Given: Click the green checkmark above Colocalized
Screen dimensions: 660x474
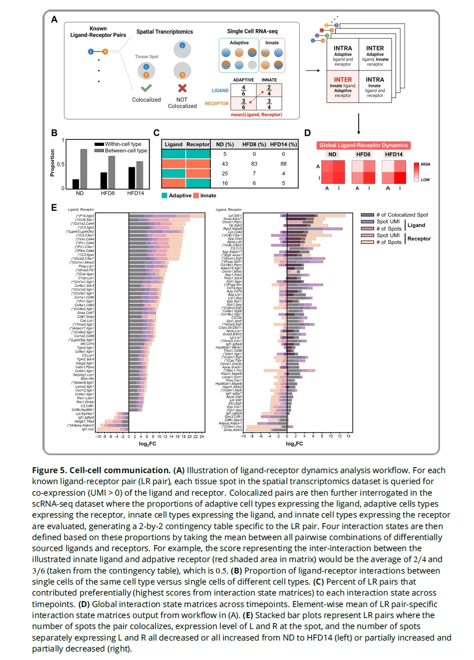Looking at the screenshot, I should [146, 88].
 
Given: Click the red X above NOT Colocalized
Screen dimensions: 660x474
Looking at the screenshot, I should [182, 88].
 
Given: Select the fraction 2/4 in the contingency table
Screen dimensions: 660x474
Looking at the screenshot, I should [269, 90].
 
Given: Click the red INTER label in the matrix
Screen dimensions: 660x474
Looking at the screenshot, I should [343, 79].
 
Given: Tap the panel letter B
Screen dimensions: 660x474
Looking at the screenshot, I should [54, 133].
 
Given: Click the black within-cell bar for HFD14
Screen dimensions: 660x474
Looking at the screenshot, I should [132, 177].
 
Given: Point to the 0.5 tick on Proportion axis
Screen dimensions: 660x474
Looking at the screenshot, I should [60, 164].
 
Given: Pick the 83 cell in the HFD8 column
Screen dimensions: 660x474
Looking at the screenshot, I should [254, 164].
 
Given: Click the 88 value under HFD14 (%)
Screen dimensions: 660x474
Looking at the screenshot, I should [283, 164].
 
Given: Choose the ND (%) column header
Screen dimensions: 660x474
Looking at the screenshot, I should [225, 144].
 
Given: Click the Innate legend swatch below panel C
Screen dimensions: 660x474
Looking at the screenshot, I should [196, 196].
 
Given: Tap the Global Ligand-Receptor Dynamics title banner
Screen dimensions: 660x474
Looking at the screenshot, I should [363, 145].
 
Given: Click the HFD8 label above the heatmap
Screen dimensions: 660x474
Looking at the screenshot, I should [363, 154].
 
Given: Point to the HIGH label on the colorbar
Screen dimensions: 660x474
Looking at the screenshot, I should [426, 164].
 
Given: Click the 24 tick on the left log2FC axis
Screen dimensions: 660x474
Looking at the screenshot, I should [202, 437].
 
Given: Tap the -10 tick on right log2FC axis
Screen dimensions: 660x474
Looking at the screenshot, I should [243, 437].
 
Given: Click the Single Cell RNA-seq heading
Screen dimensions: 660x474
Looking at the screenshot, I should [252, 31].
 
